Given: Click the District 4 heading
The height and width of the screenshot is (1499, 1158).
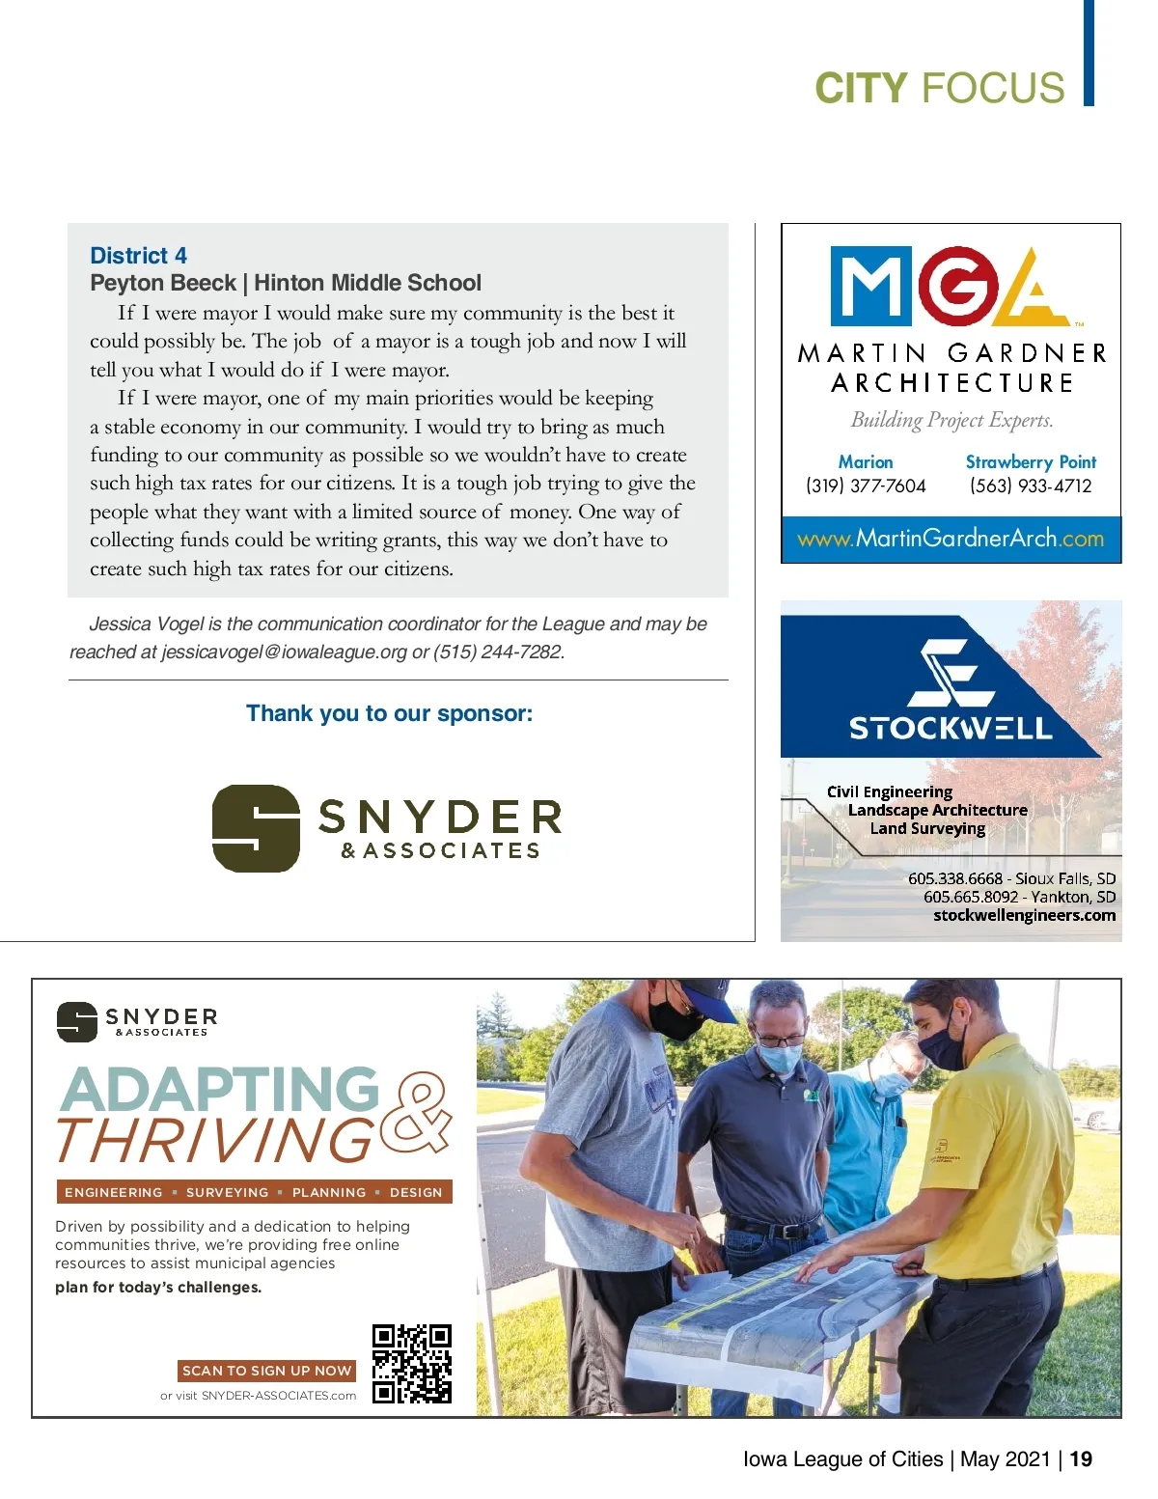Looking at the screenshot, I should [x=138, y=256].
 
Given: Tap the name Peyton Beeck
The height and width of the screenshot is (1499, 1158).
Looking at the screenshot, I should [x=162, y=283].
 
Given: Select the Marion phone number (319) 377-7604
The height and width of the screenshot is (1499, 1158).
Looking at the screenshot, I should [x=866, y=486].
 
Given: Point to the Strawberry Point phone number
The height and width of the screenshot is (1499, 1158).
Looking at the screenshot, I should [x=1031, y=486].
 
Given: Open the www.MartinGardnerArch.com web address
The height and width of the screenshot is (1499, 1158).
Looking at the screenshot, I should [x=951, y=539].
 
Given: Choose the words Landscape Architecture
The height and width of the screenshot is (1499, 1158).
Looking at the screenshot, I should [x=937, y=811].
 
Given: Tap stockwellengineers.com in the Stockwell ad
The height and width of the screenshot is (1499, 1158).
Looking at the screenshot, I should [x=1024, y=915].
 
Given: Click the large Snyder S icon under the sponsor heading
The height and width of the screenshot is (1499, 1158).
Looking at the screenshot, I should [x=256, y=828].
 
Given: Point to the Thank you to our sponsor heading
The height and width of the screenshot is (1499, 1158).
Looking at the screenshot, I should [x=389, y=713].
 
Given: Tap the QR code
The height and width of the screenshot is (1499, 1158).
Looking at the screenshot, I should [x=412, y=1363].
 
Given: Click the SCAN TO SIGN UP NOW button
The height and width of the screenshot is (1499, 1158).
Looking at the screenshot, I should [x=266, y=1371].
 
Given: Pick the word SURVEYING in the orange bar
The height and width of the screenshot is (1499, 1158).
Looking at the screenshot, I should [x=227, y=1192].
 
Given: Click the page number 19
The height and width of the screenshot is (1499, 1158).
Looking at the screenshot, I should [x=1081, y=1459].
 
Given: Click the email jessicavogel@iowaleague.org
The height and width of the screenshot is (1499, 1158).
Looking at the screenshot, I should [x=284, y=652].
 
